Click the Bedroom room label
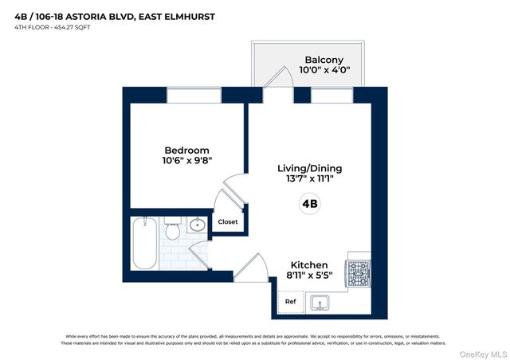pos(186,151)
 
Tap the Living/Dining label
pos(304,168)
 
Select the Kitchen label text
pos(308,264)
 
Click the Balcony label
pos(324,60)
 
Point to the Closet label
pos(228,222)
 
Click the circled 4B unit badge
pos(309,204)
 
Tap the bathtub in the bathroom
pos(145,243)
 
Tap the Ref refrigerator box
pos(290,303)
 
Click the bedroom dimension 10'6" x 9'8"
pos(186,161)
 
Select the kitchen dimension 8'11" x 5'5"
pos(308,276)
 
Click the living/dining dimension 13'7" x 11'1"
pos(304,179)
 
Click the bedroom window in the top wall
pos(194,95)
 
